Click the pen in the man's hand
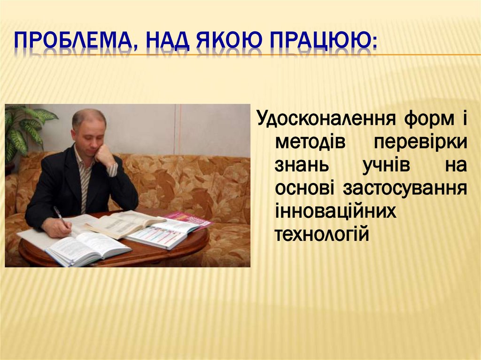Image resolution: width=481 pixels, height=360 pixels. click(59, 214)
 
